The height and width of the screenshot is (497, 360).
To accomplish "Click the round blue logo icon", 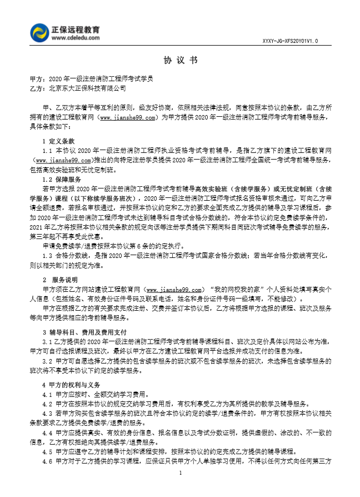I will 40,32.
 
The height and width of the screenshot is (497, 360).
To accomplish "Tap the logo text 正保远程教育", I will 79,28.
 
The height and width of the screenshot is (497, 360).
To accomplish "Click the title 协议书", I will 180,60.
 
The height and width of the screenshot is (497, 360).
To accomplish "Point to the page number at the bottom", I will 180,473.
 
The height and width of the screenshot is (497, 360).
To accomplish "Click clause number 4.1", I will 47,395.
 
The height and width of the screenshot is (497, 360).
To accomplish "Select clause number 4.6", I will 47,461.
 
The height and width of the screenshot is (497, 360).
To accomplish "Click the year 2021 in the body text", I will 36,227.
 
